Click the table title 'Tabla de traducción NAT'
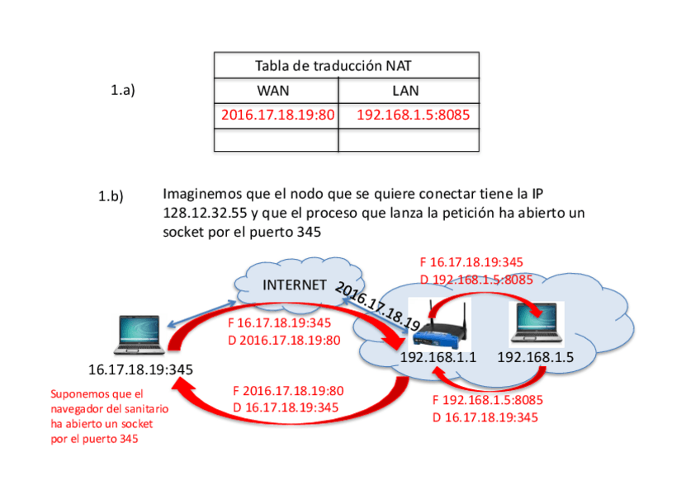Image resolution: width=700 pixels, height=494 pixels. coord(333,66)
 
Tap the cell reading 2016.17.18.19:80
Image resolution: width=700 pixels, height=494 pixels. coord(277,115)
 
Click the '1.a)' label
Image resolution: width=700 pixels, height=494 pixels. coord(122,91)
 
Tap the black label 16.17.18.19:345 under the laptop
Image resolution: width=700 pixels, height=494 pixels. coord(140,370)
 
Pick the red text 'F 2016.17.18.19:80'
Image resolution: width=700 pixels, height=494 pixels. coord(288,391)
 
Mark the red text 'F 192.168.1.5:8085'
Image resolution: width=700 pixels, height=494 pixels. coord(488,401)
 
